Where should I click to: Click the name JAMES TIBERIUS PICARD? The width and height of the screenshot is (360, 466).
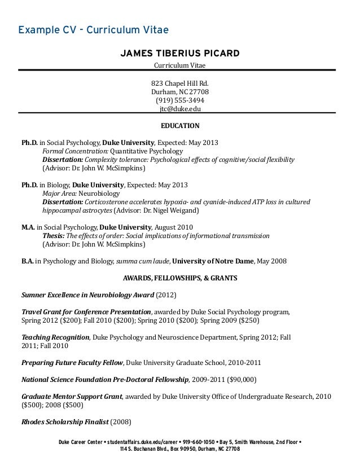(180, 54)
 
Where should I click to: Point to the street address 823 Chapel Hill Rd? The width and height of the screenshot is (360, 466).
(180, 83)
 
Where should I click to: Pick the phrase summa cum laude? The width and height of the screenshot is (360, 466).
(142, 261)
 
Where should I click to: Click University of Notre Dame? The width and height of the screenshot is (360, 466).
(212, 261)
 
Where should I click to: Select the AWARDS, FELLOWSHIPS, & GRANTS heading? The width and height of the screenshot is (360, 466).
(180, 278)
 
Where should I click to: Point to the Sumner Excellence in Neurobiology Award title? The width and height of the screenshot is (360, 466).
(87, 294)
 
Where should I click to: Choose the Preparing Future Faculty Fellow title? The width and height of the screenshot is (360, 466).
(72, 362)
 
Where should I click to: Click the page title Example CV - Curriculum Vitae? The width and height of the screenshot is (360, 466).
(93, 29)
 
